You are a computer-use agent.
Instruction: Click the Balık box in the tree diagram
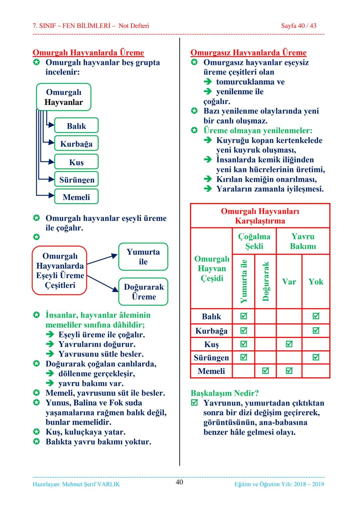point(76,126)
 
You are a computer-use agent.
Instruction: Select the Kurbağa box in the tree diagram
point(76,144)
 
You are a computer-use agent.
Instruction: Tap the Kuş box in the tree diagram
point(76,162)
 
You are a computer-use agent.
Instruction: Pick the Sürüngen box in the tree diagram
point(77,180)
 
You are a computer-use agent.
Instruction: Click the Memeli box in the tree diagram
point(76,197)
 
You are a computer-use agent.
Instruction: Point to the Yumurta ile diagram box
point(143,257)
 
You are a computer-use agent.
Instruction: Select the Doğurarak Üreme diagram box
point(143,292)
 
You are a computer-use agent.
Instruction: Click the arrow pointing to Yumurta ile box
point(102,259)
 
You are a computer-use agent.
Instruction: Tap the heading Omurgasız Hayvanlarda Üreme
point(248,53)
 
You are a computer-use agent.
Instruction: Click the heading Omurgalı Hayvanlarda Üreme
point(88,53)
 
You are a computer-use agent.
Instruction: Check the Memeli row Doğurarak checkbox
point(265,371)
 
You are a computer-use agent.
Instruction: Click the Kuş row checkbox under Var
point(289,344)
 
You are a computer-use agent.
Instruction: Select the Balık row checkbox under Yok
point(316,316)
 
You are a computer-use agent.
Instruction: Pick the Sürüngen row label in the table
point(211,358)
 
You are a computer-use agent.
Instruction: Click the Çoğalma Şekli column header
point(254,241)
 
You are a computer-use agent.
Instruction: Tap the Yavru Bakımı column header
point(303,241)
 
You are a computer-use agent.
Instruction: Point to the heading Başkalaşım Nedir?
point(225,393)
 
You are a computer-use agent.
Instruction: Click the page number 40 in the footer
point(179,482)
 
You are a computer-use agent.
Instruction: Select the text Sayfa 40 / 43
point(298,26)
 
